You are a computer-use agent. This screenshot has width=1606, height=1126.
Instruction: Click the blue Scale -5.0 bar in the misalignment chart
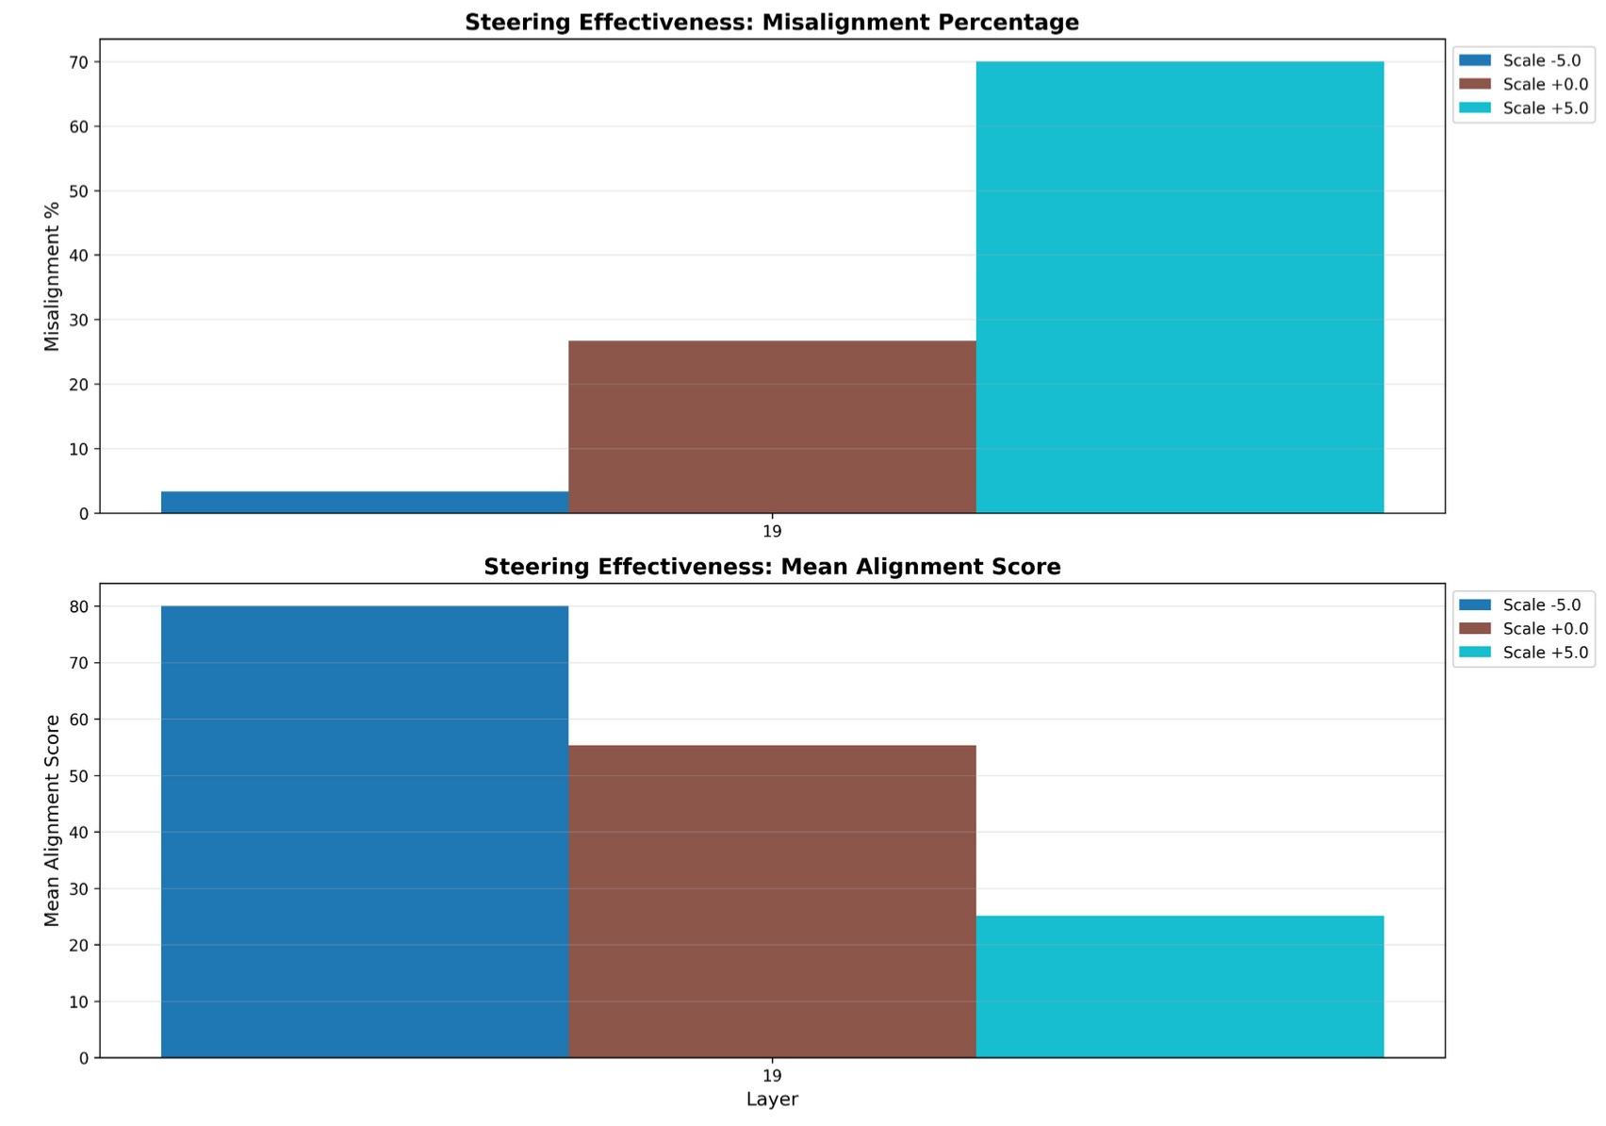coord(365,503)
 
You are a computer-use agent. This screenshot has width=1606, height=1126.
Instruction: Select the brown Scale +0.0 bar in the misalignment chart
coord(772,427)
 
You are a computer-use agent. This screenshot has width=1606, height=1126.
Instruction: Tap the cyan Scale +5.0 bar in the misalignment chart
coord(1179,288)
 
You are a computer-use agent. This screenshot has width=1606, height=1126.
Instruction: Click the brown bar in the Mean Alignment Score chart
coord(772,902)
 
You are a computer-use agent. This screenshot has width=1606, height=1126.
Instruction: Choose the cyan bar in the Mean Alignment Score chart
coord(1179,986)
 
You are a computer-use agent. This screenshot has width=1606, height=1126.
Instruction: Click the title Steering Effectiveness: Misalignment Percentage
coord(772,23)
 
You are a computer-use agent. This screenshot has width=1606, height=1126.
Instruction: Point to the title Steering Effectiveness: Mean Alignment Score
coord(772,567)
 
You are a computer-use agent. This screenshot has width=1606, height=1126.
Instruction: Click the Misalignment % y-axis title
coord(52,276)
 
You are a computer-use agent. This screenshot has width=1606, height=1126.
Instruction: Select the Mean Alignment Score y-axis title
coord(52,820)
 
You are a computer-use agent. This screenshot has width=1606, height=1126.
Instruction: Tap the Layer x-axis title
coord(772,1100)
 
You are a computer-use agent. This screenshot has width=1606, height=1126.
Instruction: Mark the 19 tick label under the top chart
coord(772,532)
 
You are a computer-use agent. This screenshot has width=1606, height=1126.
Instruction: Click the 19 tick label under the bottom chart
coord(772,1076)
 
